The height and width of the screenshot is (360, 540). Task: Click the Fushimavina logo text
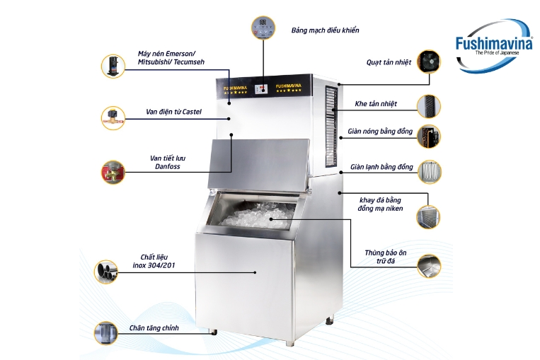pos(490,42)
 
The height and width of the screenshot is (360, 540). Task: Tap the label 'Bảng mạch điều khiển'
pos(325,30)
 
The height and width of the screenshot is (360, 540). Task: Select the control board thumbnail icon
pos(263,29)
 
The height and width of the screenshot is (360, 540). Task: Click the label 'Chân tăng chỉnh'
pos(154,328)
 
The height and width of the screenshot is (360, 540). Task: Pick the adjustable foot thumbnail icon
pos(106,332)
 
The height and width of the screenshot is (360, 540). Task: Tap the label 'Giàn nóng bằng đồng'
pos(379,132)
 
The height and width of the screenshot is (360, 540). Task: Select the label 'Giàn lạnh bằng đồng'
pos(381,167)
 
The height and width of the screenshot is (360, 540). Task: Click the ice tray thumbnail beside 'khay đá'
pos(427,215)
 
